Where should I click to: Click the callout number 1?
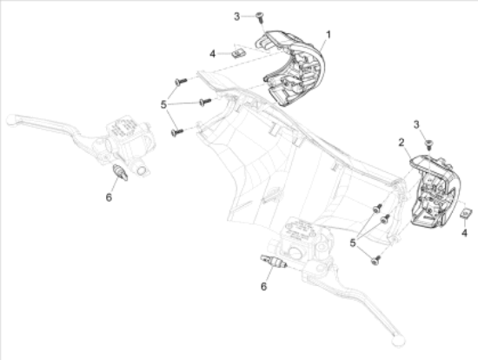click(x=329, y=36)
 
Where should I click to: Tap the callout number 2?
click(x=401, y=141)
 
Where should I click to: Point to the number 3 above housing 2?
click(x=416, y=124)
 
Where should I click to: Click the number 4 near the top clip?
click(x=212, y=54)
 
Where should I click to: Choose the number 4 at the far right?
click(x=466, y=232)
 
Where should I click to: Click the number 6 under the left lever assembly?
click(x=109, y=197)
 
